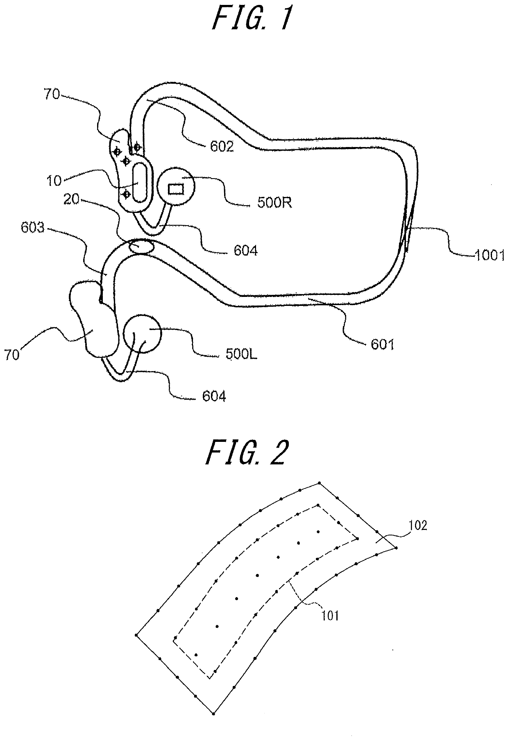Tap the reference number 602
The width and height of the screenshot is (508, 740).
[222, 146]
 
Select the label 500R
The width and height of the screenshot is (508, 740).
[274, 203]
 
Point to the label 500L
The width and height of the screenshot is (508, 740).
[241, 354]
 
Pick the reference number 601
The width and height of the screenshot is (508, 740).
[382, 344]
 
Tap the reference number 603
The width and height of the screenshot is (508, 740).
[32, 228]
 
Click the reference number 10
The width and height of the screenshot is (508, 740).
[54, 181]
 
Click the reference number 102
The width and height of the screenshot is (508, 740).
[418, 525]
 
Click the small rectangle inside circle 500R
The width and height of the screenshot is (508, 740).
[176, 189]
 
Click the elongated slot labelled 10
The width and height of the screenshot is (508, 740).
[139, 182]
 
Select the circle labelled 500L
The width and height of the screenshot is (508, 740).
[142, 334]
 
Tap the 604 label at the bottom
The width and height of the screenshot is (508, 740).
[214, 396]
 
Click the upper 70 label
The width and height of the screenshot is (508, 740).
[52, 95]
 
